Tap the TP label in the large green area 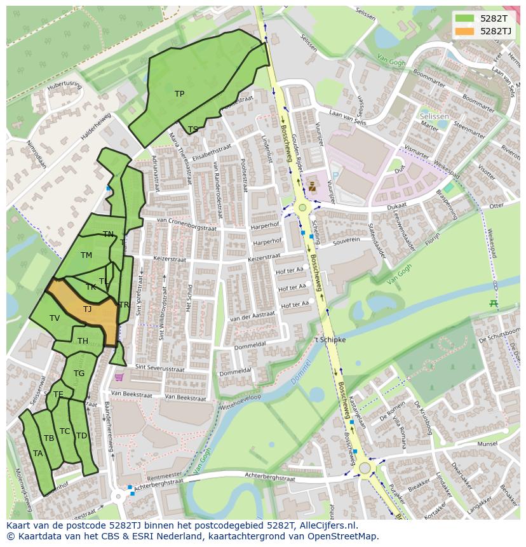click(x=179, y=94)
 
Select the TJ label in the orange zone click(x=87, y=309)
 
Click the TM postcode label click(x=86, y=255)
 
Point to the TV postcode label click(x=55, y=318)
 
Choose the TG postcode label click(x=79, y=374)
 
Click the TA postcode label click(x=38, y=454)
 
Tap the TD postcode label click(x=81, y=436)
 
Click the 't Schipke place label click(x=330, y=340)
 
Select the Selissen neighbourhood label click(x=435, y=117)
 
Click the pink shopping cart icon click(x=119, y=377)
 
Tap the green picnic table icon click(x=494, y=303)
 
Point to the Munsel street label click(x=487, y=443)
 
